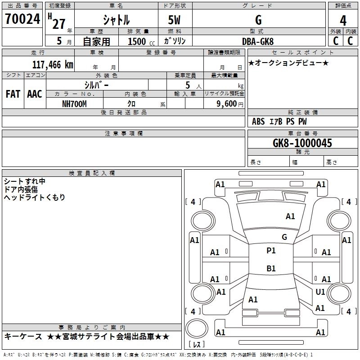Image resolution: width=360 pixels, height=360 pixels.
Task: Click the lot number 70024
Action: click(22, 19)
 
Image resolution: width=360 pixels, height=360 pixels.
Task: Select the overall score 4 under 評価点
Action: click(343, 21)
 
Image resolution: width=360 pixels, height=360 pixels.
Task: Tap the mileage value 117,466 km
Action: click(53, 65)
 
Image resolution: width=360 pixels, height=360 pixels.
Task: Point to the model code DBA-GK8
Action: click(258, 41)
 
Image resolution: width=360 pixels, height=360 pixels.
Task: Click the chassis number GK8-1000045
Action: click(302, 143)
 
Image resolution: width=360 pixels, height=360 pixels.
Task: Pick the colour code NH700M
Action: click(74, 104)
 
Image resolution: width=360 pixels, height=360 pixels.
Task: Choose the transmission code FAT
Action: click(13, 94)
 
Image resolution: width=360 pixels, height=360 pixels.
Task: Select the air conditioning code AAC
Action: click(35, 94)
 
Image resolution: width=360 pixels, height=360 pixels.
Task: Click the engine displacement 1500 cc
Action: click(141, 41)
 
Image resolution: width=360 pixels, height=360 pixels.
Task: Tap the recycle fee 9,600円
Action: click(230, 104)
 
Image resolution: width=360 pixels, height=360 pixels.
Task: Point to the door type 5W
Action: click(174, 20)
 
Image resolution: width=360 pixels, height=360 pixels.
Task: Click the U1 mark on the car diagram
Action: click(320, 292)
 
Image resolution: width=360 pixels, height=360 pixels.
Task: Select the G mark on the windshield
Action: click(284, 237)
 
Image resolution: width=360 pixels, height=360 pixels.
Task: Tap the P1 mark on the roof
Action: click(271, 251)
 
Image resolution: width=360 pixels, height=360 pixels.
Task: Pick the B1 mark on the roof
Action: click(271, 268)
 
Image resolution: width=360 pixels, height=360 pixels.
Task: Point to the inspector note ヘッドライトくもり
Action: click(35, 197)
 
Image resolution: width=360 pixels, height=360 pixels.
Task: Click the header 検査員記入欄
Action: click(92, 173)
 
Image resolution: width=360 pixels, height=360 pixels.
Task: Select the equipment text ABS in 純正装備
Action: click(258, 121)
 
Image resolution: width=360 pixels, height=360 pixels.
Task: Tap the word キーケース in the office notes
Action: click(23, 337)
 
